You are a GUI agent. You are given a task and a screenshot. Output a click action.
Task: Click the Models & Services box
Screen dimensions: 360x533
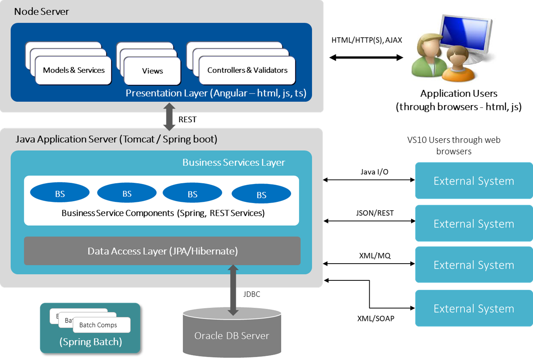pyautogui.click(x=74, y=70)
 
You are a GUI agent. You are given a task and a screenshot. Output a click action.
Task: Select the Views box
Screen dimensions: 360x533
pyautogui.click(x=153, y=71)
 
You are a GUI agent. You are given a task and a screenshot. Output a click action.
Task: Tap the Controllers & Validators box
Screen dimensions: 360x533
pyautogui.click(x=247, y=70)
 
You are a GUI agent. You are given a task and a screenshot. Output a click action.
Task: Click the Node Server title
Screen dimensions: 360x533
pyautogui.click(x=41, y=12)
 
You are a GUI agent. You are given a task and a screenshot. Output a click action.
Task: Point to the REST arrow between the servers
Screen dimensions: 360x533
pyautogui.click(x=169, y=117)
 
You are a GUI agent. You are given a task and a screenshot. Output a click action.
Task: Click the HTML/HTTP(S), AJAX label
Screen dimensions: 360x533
pyautogui.click(x=366, y=40)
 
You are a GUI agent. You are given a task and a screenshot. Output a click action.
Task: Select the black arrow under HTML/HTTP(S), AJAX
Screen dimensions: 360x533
pyautogui.click(x=366, y=58)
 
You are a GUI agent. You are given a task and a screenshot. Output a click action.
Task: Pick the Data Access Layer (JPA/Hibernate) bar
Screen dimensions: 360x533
pyautogui.click(x=162, y=251)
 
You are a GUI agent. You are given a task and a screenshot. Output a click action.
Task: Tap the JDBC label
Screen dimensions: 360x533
pyautogui.click(x=251, y=294)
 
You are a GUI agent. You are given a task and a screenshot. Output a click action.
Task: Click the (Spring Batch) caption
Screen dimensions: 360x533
pyautogui.click(x=90, y=342)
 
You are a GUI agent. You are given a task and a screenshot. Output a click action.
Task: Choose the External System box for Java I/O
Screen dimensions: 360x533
pyautogui.click(x=474, y=181)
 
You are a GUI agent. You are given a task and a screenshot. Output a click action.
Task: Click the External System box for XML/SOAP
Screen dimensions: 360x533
pyautogui.click(x=474, y=309)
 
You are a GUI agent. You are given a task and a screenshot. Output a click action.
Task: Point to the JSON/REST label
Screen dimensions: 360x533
pyautogui.click(x=374, y=213)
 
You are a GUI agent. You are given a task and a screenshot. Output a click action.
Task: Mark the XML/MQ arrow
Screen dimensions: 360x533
pyautogui.click(x=369, y=264)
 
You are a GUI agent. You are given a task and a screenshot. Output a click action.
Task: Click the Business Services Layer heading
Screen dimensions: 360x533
pyautogui.click(x=233, y=162)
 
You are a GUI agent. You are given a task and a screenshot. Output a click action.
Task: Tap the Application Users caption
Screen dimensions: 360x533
pyautogui.click(x=459, y=94)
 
